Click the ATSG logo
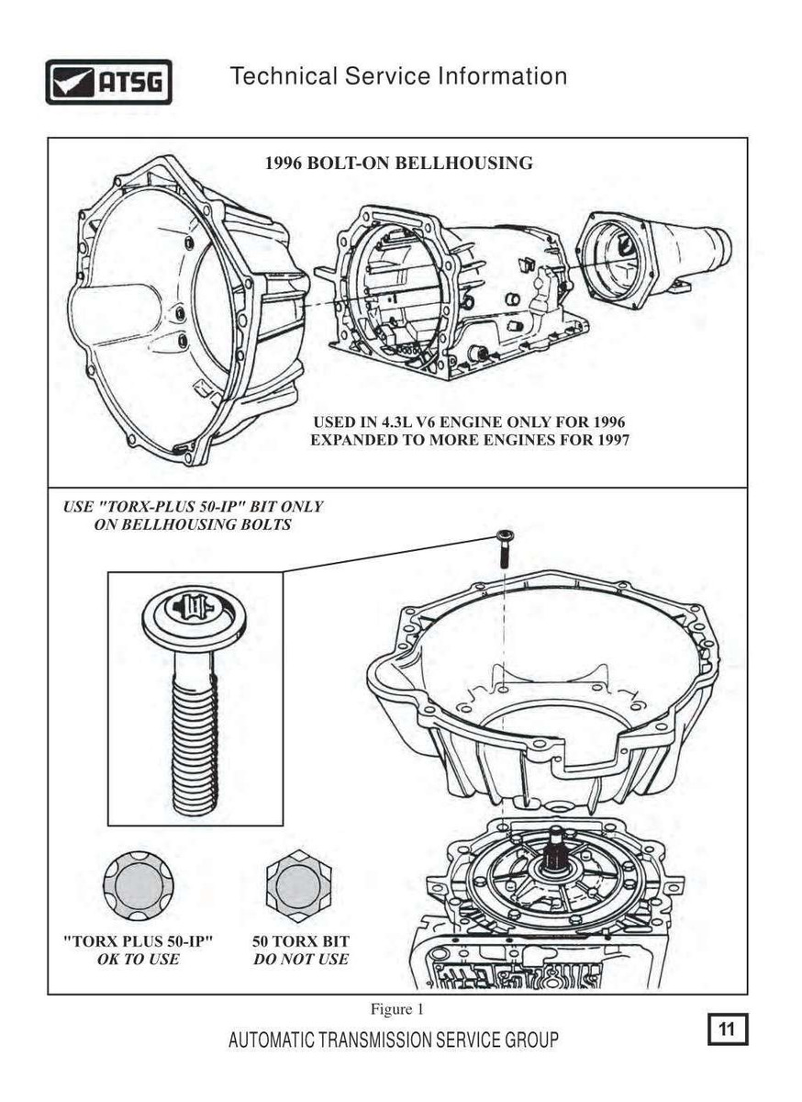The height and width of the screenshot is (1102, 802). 108,82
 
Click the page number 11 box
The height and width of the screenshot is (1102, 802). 728,1029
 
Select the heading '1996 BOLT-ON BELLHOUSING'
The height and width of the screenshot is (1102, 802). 398,163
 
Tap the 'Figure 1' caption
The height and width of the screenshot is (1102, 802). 396,1009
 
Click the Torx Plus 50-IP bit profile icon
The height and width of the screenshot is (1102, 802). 138,886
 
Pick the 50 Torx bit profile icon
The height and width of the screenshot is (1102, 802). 299,886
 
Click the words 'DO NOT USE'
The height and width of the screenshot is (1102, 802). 300,960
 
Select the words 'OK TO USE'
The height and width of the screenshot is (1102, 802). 138,960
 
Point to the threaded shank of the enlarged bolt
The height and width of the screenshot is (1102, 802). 194,735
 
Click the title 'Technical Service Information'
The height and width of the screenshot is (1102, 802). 398,76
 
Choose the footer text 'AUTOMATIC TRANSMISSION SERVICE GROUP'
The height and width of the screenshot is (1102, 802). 393,1040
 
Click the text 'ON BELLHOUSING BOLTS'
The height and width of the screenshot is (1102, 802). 193,524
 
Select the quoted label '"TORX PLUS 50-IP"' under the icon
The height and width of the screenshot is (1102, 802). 138,942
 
